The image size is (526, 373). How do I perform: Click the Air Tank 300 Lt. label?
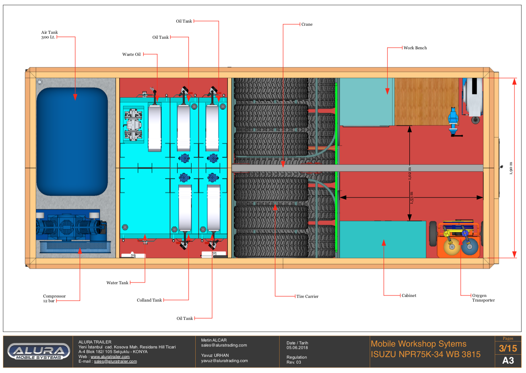coord(49,35)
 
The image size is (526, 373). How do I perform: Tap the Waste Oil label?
coord(131,54)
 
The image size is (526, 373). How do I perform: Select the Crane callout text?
coord(307,25)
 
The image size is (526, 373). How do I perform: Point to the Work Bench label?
coord(415,48)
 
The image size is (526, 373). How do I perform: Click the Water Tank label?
coord(117,283)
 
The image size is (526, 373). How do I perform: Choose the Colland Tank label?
coord(149,300)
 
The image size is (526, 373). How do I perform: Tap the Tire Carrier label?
coord(307,296)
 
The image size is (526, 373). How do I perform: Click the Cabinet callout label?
coord(409,295)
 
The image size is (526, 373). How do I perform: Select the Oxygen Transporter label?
coord(483,298)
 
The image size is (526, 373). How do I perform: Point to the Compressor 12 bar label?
coord(54,299)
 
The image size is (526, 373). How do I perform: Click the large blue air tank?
coord(72,141)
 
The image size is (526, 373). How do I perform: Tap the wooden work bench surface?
coord(426,101)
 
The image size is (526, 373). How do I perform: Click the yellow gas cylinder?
coord(451,247)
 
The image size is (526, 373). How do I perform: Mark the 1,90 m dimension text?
coord(511,168)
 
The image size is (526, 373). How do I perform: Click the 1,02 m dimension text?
coord(410,173)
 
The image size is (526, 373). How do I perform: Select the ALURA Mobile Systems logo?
coord(39,352)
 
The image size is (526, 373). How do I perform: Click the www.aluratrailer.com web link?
coord(110,357)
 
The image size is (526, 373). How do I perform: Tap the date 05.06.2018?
coord(297,348)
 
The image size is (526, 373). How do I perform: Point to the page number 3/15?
coord(508,348)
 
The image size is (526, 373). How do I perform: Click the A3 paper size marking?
coord(508,361)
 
